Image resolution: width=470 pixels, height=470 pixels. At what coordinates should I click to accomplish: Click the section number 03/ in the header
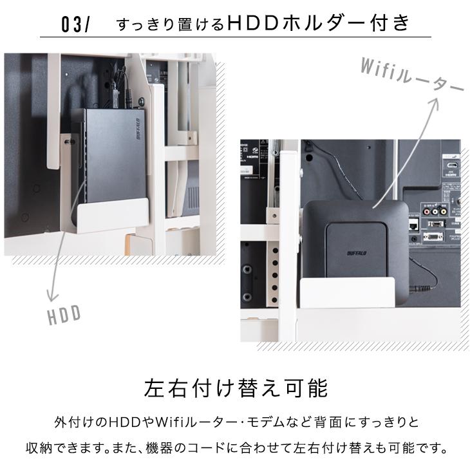click(76, 25)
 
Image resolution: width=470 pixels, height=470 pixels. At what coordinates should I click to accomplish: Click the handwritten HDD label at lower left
click(64, 314)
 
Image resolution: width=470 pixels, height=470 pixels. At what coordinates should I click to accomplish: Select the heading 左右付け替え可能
click(236, 388)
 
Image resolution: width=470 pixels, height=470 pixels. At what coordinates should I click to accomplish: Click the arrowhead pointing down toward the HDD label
click(49, 297)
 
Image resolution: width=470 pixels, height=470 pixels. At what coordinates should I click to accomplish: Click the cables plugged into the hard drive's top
click(119, 90)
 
